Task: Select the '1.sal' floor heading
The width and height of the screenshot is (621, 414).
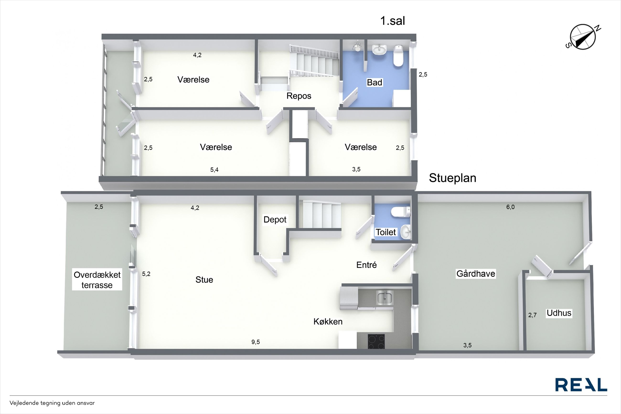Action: coord(392,21)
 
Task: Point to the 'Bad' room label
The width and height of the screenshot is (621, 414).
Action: coord(375,82)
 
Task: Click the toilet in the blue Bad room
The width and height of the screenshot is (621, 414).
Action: coord(398,56)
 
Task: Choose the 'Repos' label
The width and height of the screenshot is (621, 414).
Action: coord(299,96)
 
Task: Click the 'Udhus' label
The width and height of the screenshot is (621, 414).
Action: coord(559,313)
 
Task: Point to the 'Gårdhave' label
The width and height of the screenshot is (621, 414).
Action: coord(476,274)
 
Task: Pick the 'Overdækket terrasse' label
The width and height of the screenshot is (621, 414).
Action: coord(97,280)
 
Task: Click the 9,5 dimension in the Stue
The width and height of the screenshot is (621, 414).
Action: coord(256,342)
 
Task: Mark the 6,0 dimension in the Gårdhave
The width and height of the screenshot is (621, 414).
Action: coord(510,207)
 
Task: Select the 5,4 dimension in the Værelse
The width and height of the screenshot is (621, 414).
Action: coord(214,170)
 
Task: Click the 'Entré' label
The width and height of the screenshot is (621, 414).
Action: coord(366,265)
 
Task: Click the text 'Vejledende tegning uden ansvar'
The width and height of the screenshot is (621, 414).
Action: coord(52,403)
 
